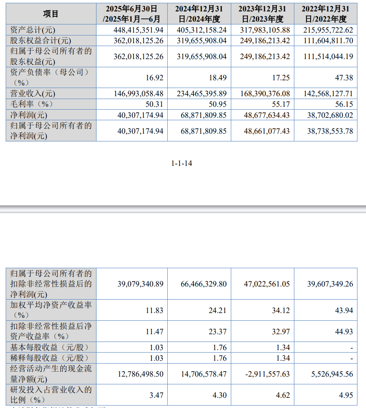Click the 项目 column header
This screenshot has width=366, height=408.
click(x=51, y=13)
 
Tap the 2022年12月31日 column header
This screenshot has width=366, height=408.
click(x=326, y=13)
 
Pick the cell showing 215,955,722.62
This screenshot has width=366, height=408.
click(x=328, y=30)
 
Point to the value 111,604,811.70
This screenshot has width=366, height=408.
click(x=328, y=41)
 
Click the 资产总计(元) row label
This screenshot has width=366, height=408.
click(x=33, y=30)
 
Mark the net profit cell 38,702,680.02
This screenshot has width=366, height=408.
click(x=328, y=115)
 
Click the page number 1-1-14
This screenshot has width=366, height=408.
click(x=182, y=163)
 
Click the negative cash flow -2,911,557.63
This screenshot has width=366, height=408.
click(x=265, y=374)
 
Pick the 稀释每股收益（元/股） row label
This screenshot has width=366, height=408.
click(x=49, y=358)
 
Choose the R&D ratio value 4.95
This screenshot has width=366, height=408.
click(x=346, y=395)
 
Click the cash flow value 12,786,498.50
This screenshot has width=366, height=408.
click(x=137, y=374)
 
